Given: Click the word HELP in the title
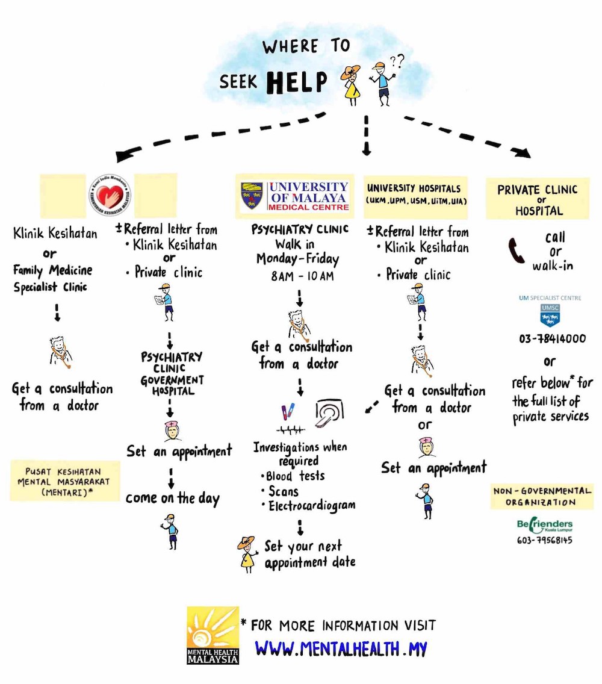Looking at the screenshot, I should (297, 82).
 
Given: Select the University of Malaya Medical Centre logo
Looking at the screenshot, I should (295, 197).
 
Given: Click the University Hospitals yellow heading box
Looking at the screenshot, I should (418, 193).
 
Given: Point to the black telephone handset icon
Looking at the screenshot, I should (517, 250).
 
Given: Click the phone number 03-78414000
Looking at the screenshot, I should (552, 338).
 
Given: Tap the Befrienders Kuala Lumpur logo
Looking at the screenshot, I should (544, 526).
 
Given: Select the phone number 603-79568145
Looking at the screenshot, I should (544, 540).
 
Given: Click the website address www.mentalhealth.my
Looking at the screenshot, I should (341, 648).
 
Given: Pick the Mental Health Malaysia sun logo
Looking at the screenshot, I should (213, 635).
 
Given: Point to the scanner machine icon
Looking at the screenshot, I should (329, 414).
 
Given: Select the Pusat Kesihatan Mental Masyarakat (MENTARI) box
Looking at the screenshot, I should (64, 480).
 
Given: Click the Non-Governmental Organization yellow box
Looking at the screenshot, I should (541, 497).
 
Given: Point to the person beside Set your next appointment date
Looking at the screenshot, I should (246, 553).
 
